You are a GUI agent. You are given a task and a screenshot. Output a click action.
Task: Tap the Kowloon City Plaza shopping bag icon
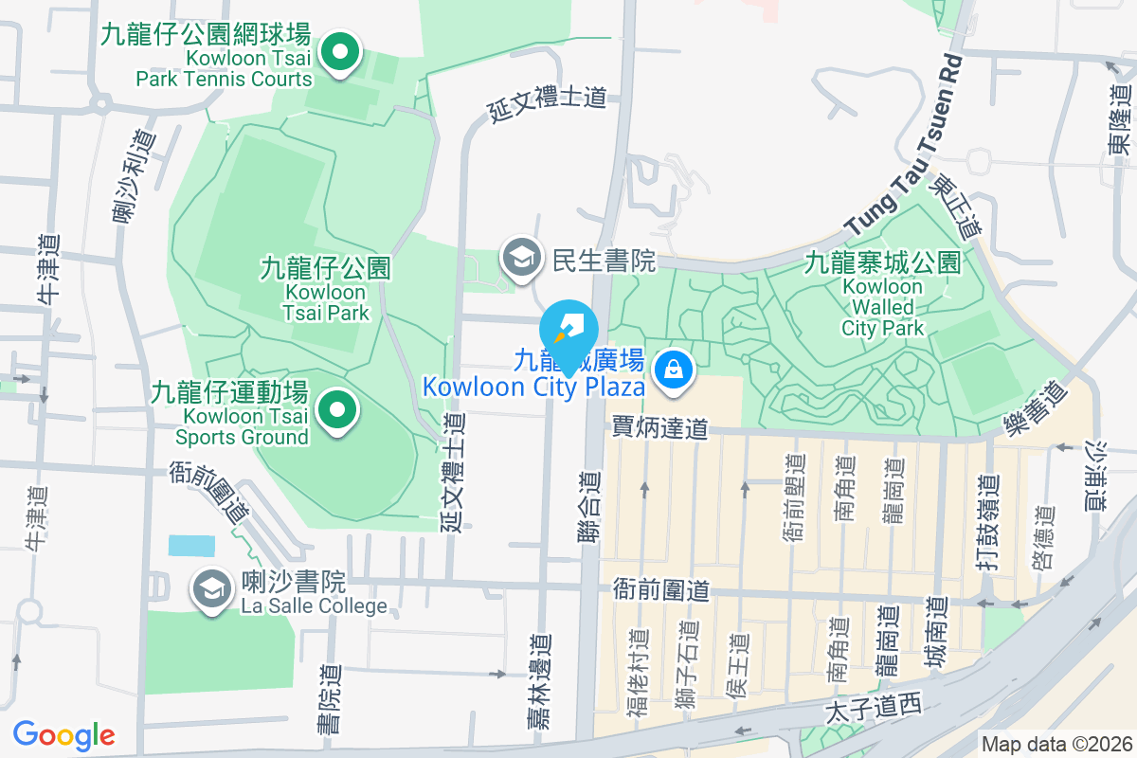point(672,368)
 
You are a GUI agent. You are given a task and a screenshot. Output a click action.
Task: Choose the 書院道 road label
point(329,699)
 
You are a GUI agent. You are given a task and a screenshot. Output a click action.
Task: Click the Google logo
point(64,734)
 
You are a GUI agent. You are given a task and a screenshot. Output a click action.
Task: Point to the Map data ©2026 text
point(1056,745)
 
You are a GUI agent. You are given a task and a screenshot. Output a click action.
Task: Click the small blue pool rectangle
point(191,546)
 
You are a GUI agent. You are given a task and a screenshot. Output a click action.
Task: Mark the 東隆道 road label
point(1121,121)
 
